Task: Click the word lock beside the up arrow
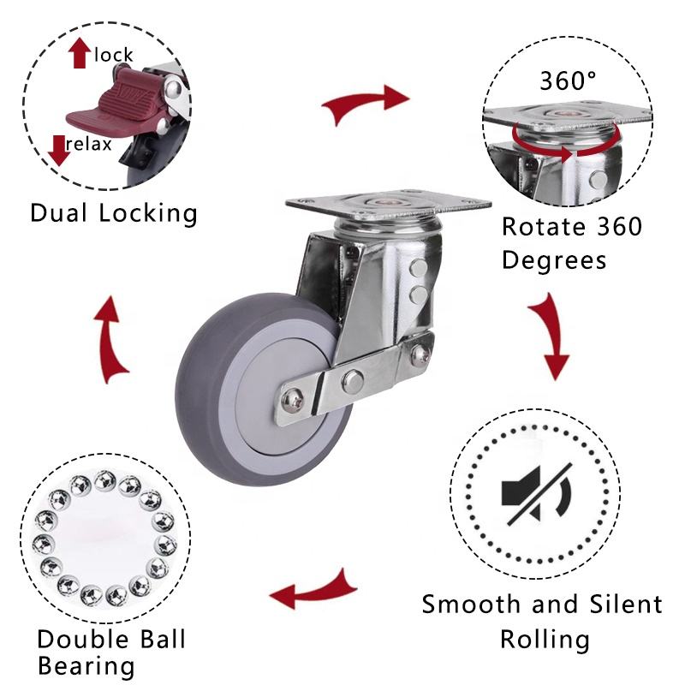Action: [x=114, y=56]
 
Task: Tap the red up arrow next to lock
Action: [x=80, y=54]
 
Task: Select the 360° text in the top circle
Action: [x=568, y=80]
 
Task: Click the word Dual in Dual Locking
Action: [x=63, y=212]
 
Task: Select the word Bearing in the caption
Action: [x=86, y=665]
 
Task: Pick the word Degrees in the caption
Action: [x=554, y=259]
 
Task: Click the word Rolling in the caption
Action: [x=545, y=639]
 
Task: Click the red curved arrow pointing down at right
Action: [x=549, y=335]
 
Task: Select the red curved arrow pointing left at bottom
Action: [x=312, y=590]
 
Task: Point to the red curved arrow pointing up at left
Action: [x=111, y=340]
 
